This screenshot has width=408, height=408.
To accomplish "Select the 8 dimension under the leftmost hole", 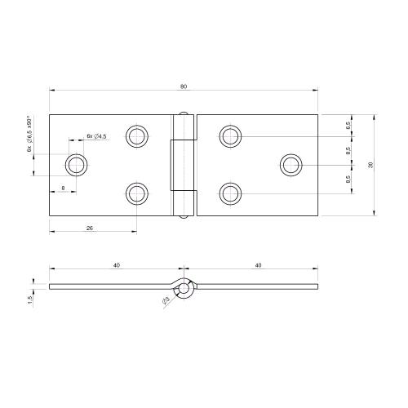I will [x=64, y=188].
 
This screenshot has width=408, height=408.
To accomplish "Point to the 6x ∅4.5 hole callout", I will [x=97, y=136].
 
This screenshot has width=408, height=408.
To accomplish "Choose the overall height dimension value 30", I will [x=372, y=166].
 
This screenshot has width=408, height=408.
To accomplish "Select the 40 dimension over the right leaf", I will [x=258, y=264].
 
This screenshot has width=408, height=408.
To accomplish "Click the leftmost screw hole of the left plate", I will [x=78, y=166].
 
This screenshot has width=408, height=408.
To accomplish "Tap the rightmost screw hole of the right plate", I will [x=291, y=166].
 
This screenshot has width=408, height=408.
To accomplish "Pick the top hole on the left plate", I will [x=136, y=136].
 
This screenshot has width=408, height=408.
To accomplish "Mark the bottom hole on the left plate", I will [x=136, y=194].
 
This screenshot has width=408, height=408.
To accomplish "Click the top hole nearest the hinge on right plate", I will [x=231, y=136].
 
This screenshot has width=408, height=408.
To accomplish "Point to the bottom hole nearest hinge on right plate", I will [x=231, y=194].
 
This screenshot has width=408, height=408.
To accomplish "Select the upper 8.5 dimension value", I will [x=348, y=150].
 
